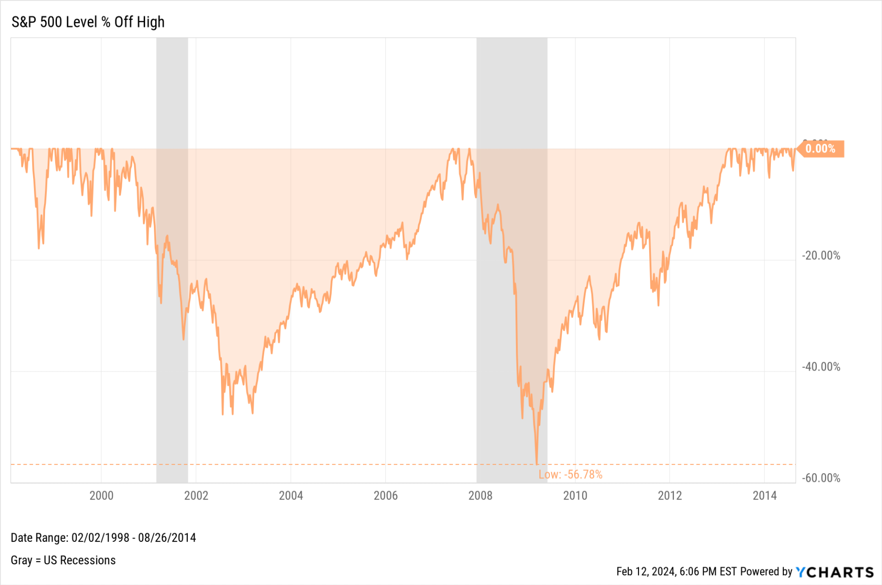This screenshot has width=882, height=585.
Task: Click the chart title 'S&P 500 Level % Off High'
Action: tap(88, 22)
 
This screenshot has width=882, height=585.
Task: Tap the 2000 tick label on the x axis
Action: tap(101, 495)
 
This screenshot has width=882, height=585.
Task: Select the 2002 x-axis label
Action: tap(196, 495)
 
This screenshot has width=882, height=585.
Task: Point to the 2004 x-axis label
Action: tap(291, 495)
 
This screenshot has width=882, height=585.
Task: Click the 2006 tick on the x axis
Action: tap(385, 495)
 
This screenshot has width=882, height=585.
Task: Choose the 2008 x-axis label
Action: tap(480, 495)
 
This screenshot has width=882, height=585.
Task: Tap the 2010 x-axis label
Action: tap(575, 495)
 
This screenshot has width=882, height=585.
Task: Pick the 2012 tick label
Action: tap(670, 495)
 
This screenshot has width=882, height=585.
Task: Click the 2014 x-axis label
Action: tap(764, 495)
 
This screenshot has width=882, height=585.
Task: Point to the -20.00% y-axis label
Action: tap(821, 256)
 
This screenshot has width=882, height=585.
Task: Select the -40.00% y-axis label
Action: tap(821, 367)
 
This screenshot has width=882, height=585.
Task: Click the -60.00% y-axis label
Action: tap(821, 478)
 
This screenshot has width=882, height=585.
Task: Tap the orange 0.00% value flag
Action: tap(820, 149)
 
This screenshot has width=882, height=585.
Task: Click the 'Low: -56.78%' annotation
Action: tap(570, 475)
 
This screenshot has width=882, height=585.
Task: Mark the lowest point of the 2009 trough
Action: tap(537, 464)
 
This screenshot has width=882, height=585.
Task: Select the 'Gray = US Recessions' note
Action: tap(63, 560)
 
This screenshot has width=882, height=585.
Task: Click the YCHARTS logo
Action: tap(835, 572)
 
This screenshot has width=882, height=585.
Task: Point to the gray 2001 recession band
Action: tap(172, 260)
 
